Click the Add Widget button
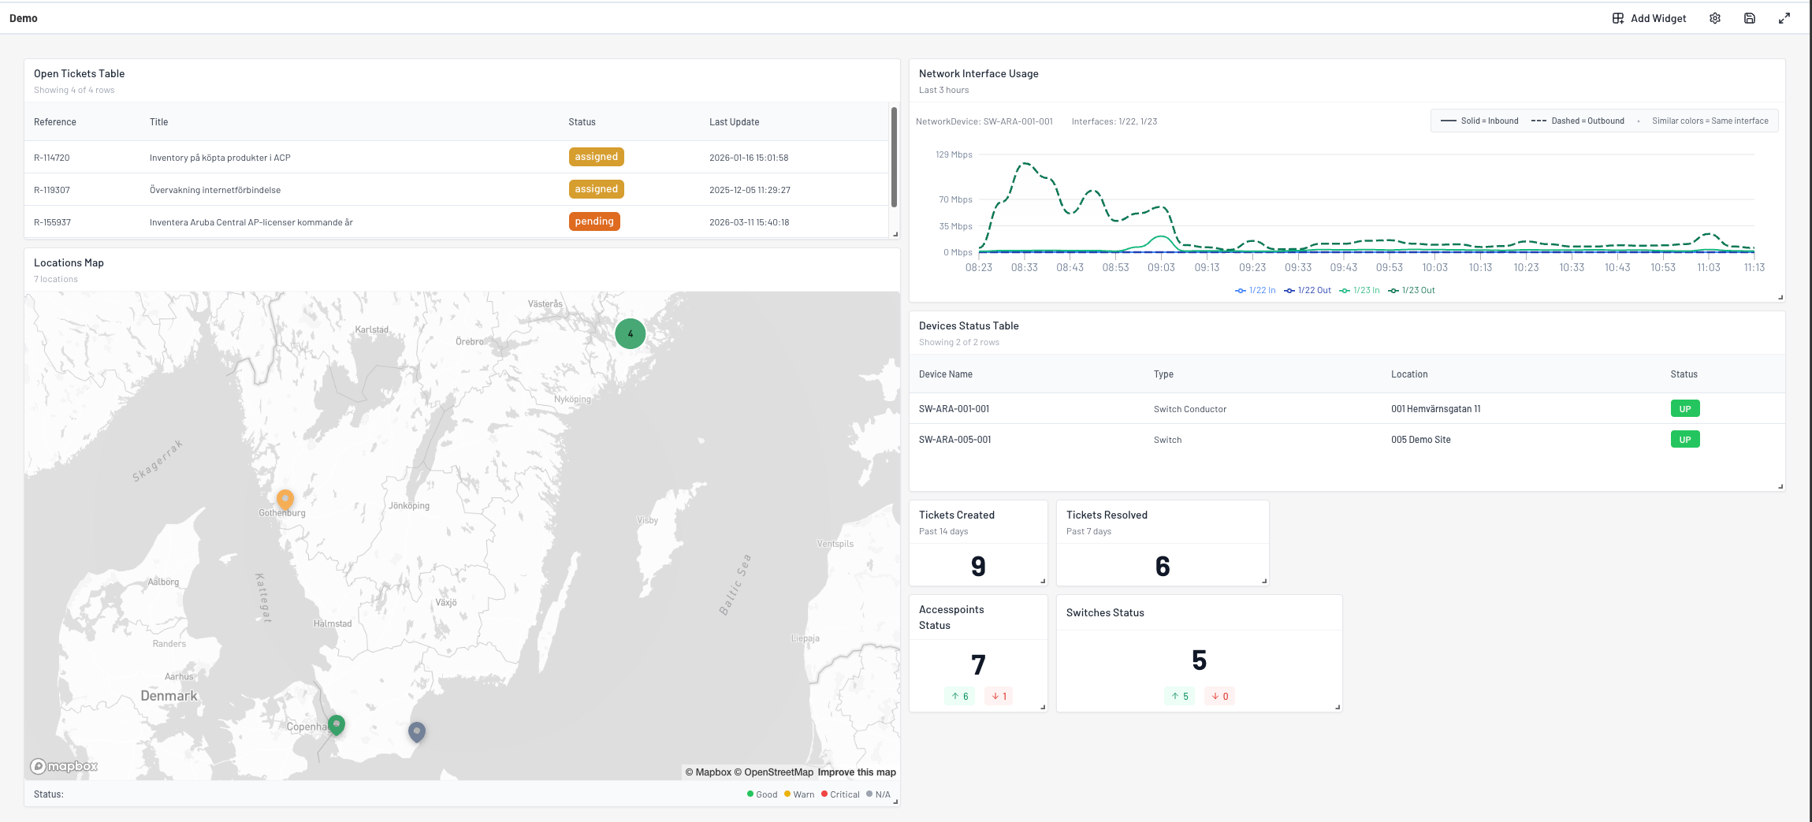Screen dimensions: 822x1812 click(1649, 18)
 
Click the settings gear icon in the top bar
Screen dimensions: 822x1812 click(1715, 18)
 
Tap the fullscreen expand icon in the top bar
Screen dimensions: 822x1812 click(1784, 18)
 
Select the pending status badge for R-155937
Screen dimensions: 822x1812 click(594, 221)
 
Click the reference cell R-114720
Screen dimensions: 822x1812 click(52, 158)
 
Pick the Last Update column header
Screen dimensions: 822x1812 click(734, 122)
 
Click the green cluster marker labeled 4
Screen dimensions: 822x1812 click(630, 333)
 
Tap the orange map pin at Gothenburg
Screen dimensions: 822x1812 click(285, 499)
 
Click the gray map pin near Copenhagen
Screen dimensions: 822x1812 click(417, 731)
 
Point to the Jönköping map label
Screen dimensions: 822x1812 click(409, 506)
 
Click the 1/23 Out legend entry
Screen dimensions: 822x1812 click(1412, 290)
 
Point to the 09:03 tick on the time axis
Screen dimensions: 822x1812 click(1161, 267)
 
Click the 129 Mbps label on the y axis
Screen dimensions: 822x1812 click(954, 154)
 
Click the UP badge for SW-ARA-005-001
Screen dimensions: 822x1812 click(1684, 440)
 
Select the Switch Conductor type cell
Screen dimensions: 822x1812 click(1189, 409)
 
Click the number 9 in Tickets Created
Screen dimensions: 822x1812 click(978, 567)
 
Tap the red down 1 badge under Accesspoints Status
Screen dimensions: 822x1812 click(999, 696)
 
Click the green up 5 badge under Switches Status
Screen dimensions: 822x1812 click(1180, 696)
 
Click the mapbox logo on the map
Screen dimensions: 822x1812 click(64, 766)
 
